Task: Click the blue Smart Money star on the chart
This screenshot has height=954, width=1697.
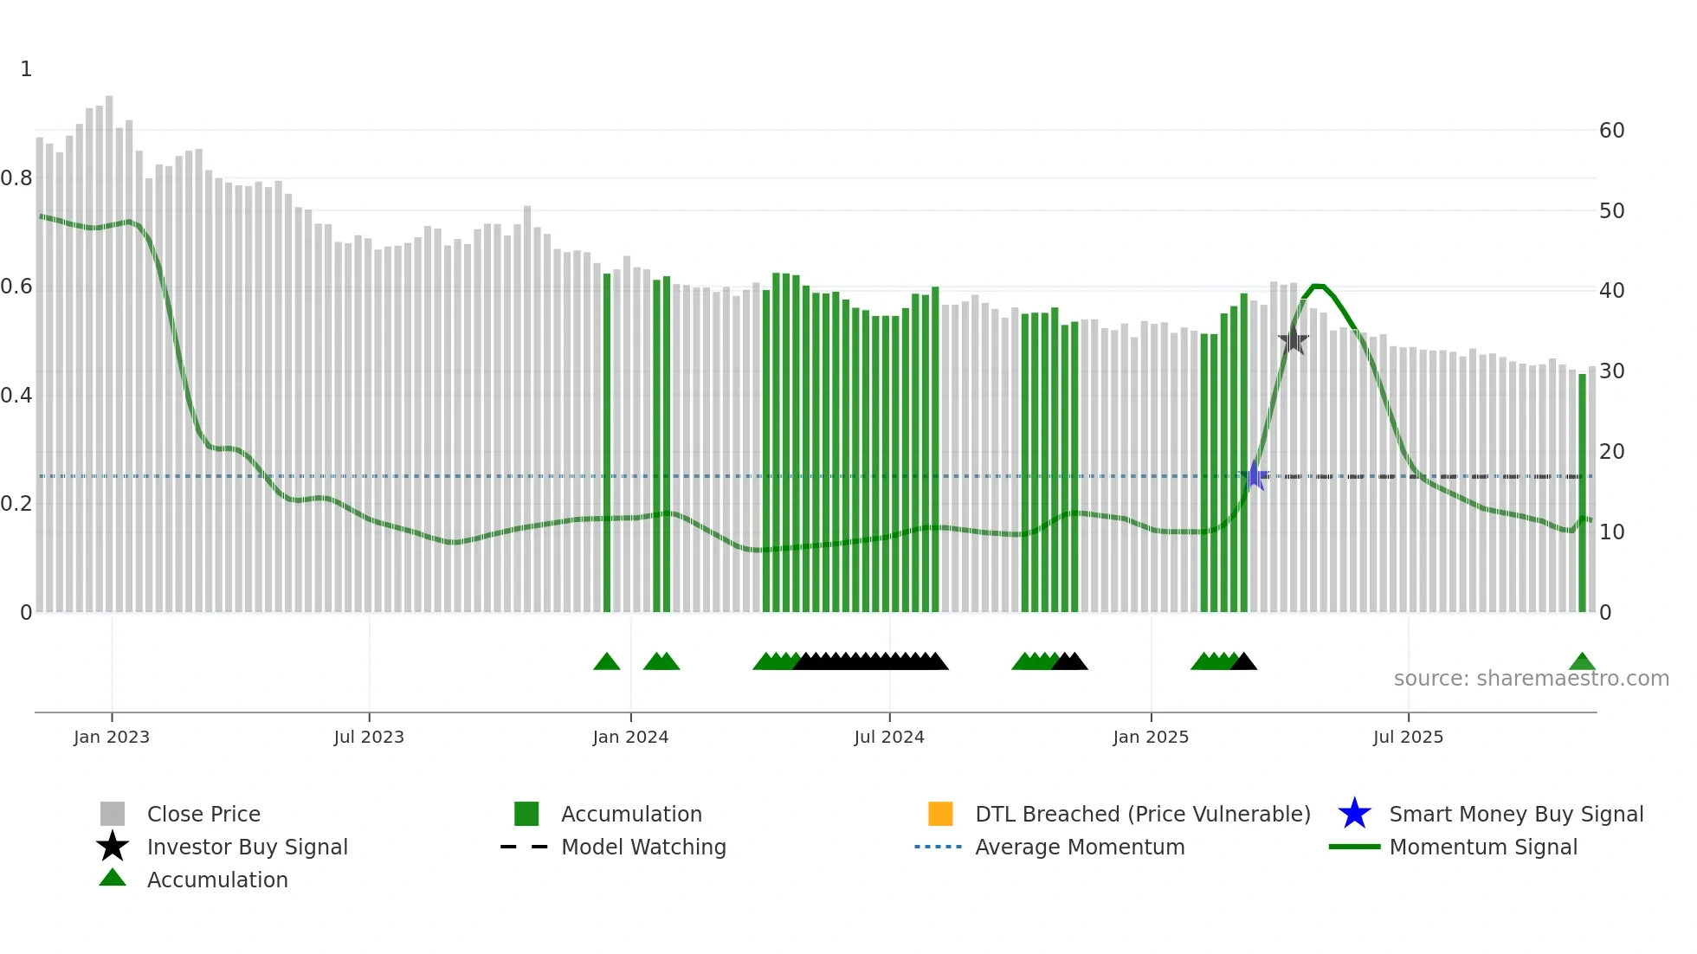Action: (1255, 475)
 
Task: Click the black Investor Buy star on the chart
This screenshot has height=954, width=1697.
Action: (1293, 340)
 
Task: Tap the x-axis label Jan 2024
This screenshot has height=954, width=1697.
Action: (630, 737)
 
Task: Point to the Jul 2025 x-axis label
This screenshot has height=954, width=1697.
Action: (1408, 737)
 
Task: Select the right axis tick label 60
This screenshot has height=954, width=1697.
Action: (1611, 131)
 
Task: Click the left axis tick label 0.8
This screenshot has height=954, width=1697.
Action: (17, 178)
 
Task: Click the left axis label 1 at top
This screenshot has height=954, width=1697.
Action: (26, 69)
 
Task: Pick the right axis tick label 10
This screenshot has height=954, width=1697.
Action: (1611, 532)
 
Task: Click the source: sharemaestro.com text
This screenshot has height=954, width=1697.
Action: (1531, 679)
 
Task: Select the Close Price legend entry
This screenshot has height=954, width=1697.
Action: (203, 814)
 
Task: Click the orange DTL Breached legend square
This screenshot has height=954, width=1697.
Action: (940, 814)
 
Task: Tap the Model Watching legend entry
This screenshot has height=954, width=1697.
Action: (642, 847)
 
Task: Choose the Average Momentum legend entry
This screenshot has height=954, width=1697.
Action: (1079, 847)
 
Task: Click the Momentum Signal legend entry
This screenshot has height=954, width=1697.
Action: (1482, 847)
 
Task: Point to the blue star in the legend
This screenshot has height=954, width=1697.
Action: (1354, 814)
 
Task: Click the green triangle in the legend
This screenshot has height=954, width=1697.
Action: (113, 879)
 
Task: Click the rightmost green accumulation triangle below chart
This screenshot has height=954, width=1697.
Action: (1582, 662)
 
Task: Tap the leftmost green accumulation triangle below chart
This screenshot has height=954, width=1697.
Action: (607, 662)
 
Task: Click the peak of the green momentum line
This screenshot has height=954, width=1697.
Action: (1318, 286)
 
